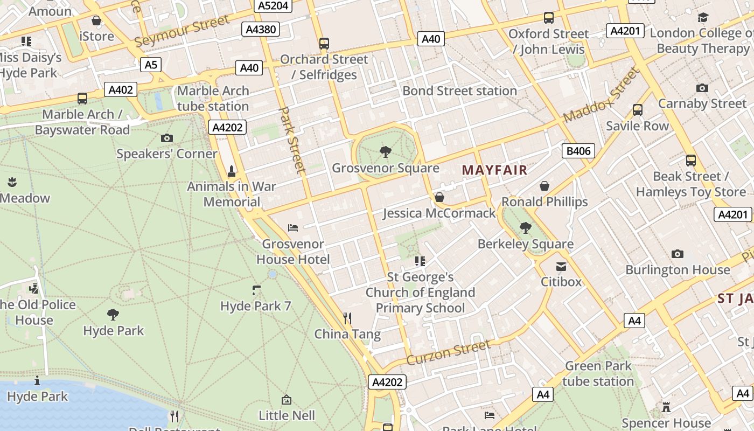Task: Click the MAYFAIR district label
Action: (x=494, y=170)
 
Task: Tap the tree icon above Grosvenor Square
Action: (x=386, y=152)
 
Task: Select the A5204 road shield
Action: (x=273, y=6)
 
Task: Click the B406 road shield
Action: (x=579, y=151)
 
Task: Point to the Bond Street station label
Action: (x=459, y=91)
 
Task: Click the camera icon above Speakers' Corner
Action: (x=167, y=138)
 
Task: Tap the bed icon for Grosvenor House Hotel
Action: (x=293, y=228)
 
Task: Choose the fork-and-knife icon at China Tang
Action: (x=347, y=318)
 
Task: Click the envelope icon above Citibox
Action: (x=561, y=266)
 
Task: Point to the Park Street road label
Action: (x=292, y=140)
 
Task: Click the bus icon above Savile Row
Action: (x=638, y=110)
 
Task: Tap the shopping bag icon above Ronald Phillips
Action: (x=544, y=186)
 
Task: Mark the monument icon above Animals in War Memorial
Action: (x=232, y=171)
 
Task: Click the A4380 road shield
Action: (x=261, y=29)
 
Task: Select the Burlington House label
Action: (x=678, y=269)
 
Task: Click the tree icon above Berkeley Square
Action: (x=525, y=228)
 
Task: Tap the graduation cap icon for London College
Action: (x=703, y=18)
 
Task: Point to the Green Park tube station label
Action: (x=598, y=374)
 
